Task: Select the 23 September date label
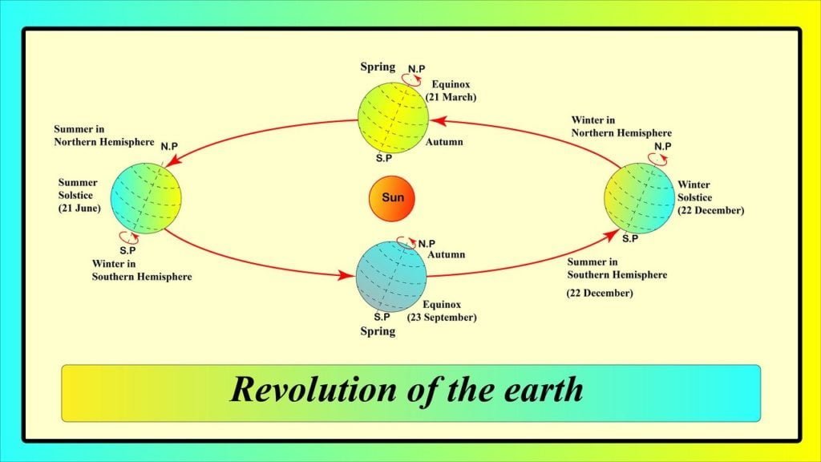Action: (442, 317)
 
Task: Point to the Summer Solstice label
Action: (78, 189)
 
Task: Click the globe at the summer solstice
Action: (147, 198)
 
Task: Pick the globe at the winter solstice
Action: (638, 197)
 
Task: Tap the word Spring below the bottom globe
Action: (378, 330)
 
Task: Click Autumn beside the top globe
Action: (443, 141)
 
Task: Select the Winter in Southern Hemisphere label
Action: (141, 269)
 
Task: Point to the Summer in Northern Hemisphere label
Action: (103, 135)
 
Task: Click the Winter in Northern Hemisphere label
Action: (621, 126)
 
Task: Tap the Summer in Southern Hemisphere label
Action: (617, 268)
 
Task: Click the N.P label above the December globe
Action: (662, 145)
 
